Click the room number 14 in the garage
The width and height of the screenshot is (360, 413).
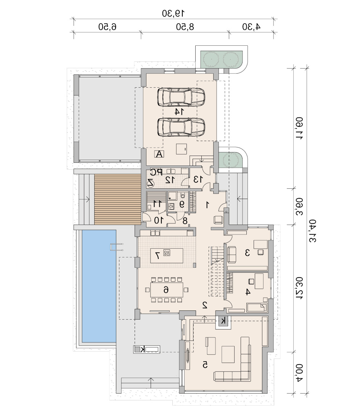click(179, 112)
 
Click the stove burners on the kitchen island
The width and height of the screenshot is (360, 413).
click(167, 253)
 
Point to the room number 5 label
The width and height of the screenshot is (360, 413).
click(205, 365)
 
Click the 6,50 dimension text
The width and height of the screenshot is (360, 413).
click(107, 27)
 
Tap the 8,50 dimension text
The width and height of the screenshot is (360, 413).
click(185, 27)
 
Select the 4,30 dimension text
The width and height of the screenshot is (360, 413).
click(251, 27)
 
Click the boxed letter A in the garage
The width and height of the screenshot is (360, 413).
click(159, 154)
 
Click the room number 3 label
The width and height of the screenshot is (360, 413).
click(247, 252)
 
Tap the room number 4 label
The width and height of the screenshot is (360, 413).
click(247, 292)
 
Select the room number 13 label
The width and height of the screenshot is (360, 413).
click(198, 179)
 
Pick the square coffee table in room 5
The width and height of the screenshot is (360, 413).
click(228, 354)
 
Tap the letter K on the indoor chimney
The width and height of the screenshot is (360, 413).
click(223, 321)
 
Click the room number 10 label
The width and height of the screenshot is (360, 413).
click(159, 220)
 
